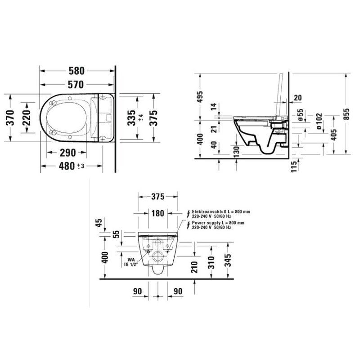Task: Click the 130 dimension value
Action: [236, 150]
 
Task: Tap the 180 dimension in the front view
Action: [158, 213]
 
